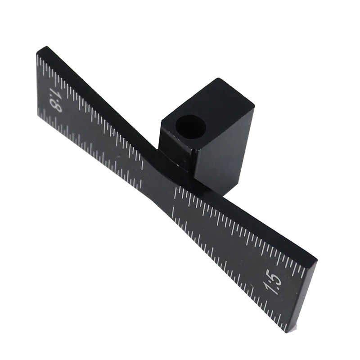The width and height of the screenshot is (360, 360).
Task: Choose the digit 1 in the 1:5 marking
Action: [x=269, y=289]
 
